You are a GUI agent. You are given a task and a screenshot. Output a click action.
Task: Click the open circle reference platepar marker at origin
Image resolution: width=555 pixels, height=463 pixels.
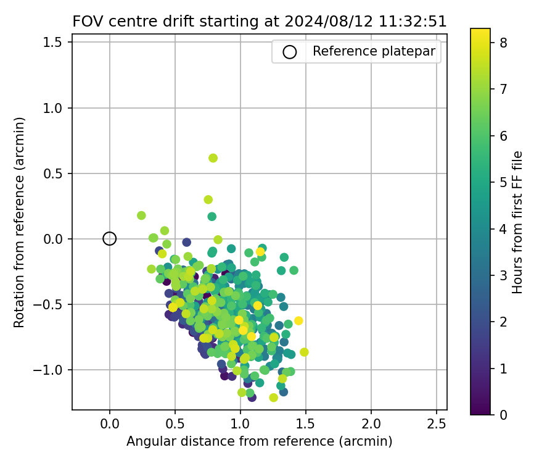coord(110,239)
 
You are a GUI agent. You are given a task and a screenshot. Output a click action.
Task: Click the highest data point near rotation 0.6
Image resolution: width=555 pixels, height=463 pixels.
coord(213,158)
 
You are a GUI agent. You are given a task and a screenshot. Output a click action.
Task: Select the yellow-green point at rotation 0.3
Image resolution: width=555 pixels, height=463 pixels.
coord(208,199)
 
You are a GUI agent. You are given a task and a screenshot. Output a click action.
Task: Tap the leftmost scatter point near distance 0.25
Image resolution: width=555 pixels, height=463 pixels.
coord(141,215)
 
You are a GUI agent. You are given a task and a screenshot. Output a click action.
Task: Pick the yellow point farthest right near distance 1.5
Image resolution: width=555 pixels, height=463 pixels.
coord(304,352)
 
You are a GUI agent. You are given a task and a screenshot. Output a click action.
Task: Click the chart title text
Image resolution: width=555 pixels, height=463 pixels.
coord(259,22)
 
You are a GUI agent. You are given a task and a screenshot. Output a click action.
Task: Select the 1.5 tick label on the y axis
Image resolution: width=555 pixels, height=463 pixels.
coord(55,43)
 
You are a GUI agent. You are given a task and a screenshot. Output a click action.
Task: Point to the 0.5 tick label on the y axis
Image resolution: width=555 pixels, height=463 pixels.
coord(55,173)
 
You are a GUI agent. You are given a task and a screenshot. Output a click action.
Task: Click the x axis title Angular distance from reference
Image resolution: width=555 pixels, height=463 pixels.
coord(259,442)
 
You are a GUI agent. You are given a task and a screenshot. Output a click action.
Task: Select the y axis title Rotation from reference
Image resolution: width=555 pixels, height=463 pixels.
coord(20,222)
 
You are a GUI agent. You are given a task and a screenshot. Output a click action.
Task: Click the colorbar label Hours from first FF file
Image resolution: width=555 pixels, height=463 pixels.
coord(518,222)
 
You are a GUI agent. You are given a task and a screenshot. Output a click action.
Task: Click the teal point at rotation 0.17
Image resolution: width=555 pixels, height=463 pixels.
coord(212,217)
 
